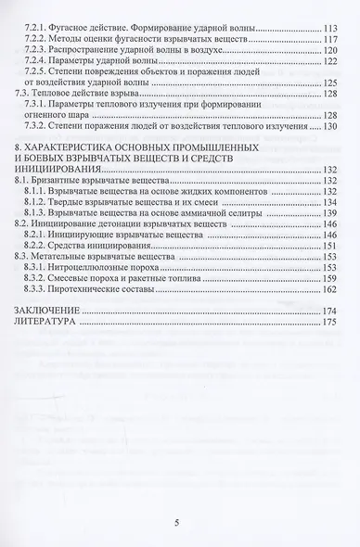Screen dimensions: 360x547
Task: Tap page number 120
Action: coord(327,51)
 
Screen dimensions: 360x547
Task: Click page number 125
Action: coord(327,83)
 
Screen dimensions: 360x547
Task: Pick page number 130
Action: coord(327,126)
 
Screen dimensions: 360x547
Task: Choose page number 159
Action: coord(327,276)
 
